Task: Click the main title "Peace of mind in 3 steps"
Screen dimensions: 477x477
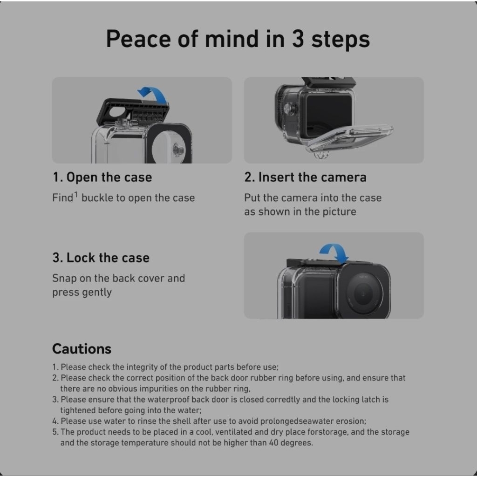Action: [x=238, y=39]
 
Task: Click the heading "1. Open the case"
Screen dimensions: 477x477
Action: [x=102, y=177]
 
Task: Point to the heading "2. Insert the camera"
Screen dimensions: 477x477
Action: [x=305, y=177]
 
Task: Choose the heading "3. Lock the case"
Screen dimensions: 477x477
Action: [x=101, y=258]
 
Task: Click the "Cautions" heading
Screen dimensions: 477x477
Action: [x=82, y=348]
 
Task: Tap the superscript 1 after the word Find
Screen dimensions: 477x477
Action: [x=76, y=195]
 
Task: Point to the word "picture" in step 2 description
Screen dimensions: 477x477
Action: [x=339, y=211]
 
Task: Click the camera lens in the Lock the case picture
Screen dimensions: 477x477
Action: [x=363, y=293]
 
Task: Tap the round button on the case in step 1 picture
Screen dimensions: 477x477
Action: [x=177, y=150]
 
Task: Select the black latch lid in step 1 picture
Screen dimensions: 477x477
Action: [x=133, y=112]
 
